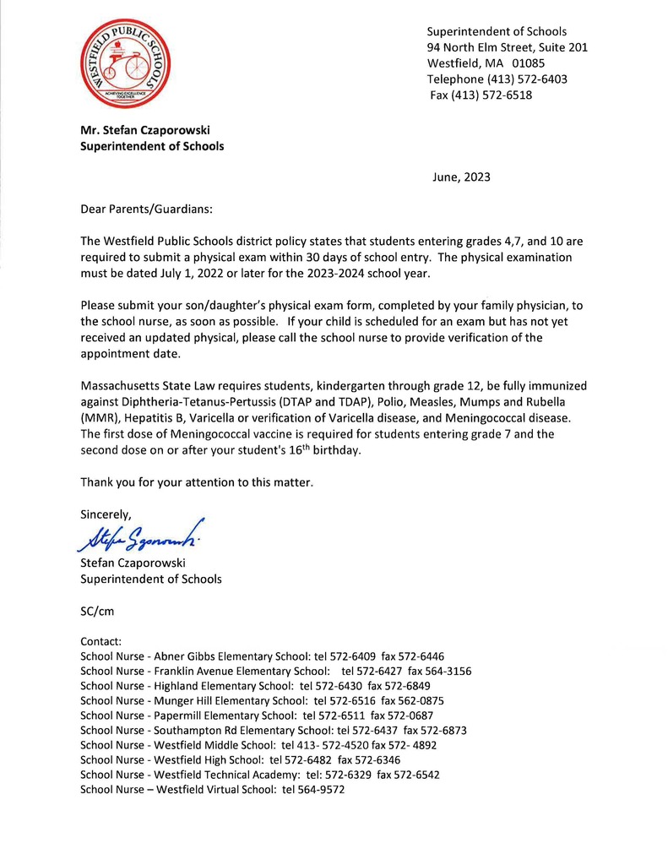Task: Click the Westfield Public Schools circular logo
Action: click(x=121, y=64)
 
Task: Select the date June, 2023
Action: click(x=461, y=177)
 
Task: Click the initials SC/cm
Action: click(x=96, y=611)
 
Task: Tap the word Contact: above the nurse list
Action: click(x=101, y=642)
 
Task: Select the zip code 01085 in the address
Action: click(x=528, y=63)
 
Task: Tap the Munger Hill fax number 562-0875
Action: click(x=423, y=701)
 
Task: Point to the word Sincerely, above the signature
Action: click(x=106, y=514)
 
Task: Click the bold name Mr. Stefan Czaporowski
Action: click(x=145, y=130)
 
